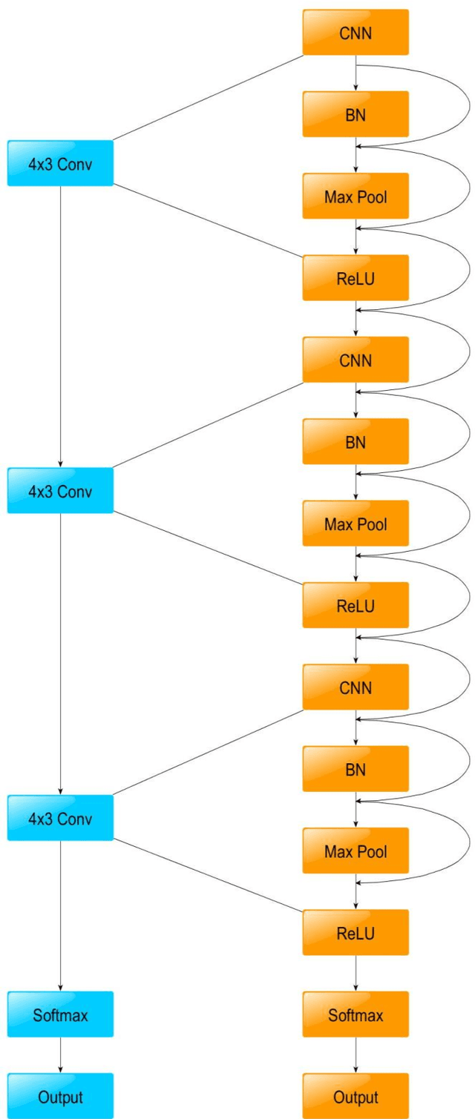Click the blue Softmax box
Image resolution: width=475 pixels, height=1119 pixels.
click(x=60, y=1014)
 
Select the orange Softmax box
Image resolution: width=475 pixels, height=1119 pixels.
click(x=356, y=1014)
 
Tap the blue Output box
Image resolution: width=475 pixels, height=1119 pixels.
click(x=60, y=1096)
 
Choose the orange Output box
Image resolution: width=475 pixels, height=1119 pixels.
click(x=356, y=1096)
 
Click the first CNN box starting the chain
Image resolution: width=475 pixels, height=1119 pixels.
click(x=356, y=32)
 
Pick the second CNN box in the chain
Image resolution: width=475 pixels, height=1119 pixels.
click(x=356, y=360)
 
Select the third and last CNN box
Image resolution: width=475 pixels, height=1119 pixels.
click(x=356, y=687)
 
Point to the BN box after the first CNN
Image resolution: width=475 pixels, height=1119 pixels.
click(x=356, y=114)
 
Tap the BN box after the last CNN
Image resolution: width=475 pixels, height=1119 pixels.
click(x=356, y=769)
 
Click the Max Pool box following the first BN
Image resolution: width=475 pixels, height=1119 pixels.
click(x=356, y=196)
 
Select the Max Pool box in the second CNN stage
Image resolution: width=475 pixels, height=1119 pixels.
click(x=356, y=524)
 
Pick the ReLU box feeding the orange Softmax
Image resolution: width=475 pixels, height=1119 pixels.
click(x=356, y=932)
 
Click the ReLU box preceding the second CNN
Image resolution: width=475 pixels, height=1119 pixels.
click(x=356, y=277)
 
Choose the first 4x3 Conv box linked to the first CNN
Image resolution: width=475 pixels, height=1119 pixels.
click(x=60, y=162)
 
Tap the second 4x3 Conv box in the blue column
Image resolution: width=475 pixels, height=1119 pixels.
click(x=60, y=490)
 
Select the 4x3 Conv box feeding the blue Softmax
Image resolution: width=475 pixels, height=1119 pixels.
click(x=60, y=817)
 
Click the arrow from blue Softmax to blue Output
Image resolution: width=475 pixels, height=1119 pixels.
click(x=60, y=1055)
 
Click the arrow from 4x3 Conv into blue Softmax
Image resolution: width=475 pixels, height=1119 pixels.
click(x=60, y=916)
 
